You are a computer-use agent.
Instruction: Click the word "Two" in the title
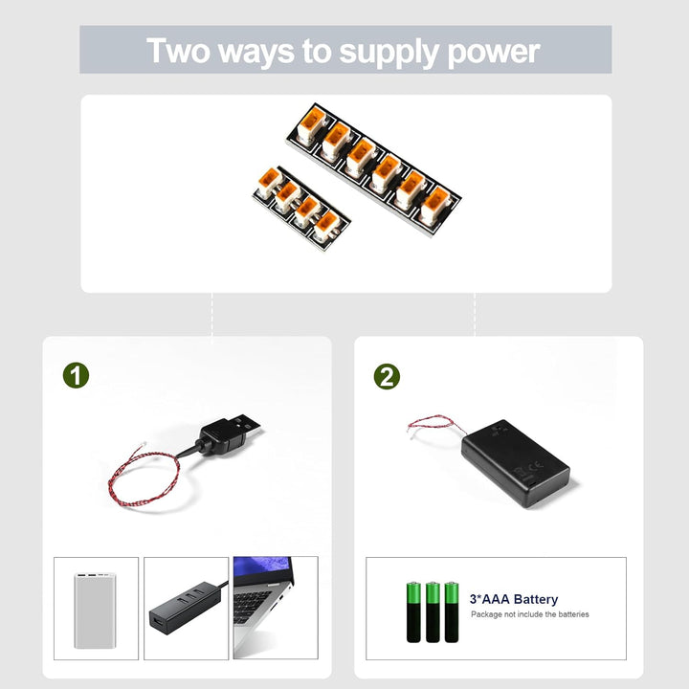click(x=179, y=51)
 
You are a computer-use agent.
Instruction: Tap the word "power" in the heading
click(x=494, y=51)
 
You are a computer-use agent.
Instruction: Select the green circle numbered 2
click(x=387, y=376)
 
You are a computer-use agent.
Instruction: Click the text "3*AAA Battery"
click(x=513, y=599)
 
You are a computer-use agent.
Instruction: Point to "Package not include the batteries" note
click(x=529, y=614)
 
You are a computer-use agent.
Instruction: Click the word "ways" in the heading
click(x=257, y=53)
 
